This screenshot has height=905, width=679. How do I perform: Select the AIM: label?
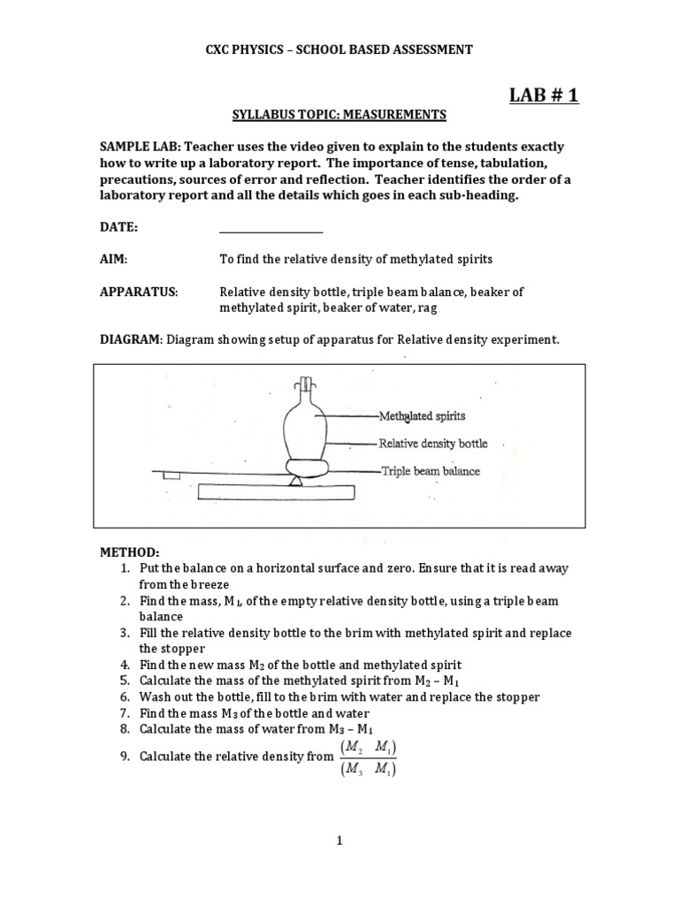114,259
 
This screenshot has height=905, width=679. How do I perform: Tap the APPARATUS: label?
139,292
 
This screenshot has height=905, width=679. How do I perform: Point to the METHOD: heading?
129,552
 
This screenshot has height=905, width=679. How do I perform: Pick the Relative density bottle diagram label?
432,443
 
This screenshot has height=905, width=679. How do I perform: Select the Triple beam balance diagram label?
431,471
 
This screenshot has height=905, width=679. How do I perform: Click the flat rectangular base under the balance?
277,491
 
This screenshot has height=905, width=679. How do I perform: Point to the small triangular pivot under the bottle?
295,478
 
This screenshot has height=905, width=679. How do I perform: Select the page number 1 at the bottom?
339,842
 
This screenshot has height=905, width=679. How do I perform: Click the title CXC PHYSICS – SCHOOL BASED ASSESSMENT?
339,50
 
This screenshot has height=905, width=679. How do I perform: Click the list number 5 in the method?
125,681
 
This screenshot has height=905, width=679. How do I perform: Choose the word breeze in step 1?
208,584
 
